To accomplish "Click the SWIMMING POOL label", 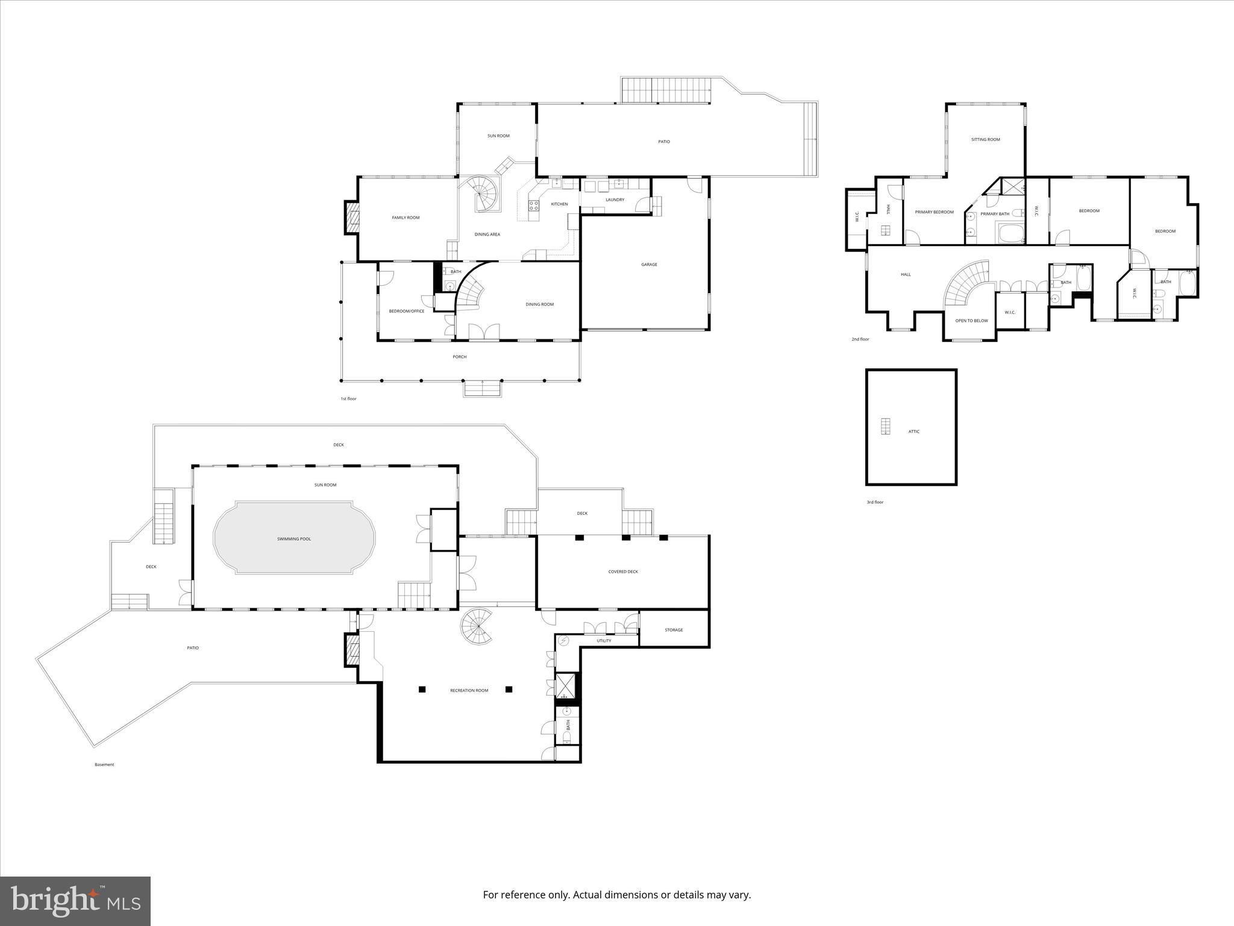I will (294, 539).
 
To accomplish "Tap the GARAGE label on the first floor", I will (649, 265).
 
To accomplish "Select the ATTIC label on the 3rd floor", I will (914, 432).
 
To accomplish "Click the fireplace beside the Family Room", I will (351, 217).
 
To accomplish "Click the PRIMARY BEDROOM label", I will (934, 212).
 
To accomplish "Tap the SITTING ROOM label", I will (985, 140).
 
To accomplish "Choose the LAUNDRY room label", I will (615, 200).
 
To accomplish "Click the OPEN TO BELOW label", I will (971, 321).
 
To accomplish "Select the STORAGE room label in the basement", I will (674, 630).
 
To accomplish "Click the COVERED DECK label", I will (623, 572).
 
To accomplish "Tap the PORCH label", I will (460, 357).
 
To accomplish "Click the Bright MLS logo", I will (75, 901).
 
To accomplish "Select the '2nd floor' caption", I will (860, 339).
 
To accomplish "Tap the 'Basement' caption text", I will (104, 765).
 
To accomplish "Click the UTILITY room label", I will (604, 641).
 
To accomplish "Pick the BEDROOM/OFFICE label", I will (407, 311).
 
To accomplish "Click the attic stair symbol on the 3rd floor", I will (885, 426).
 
